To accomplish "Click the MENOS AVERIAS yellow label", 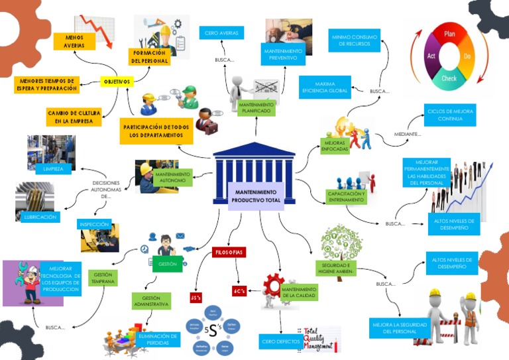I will pyautogui.click(x=74, y=42).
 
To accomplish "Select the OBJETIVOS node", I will pyautogui.click(x=117, y=82).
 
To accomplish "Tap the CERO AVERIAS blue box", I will pyautogui.click(x=221, y=32).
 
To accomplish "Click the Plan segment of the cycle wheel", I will pyautogui.click(x=449, y=34).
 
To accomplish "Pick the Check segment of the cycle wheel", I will pyautogui.click(x=449, y=78).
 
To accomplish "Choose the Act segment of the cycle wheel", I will pyautogui.click(x=431, y=56).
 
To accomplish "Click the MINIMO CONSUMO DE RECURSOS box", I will pyautogui.click(x=355, y=40).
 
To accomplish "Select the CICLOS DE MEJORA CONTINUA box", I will pyautogui.click(x=450, y=115).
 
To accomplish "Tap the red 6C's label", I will pyautogui.click(x=239, y=291).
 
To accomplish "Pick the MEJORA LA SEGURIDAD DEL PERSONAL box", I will pyautogui.click(x=399, y=328).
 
